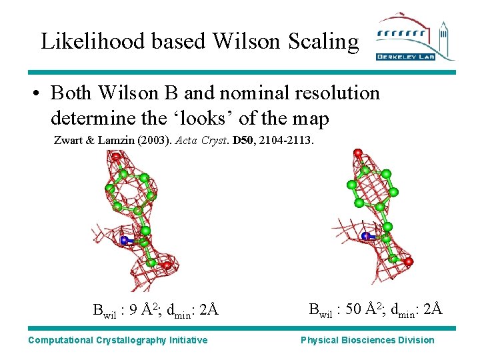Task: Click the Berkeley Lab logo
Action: click(415, 37)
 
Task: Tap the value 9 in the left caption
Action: click(133, 310)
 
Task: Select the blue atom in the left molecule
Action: click(124, 240)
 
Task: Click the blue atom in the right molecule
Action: click(365, 237)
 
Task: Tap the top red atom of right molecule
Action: click(358, 153)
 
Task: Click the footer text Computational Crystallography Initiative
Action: click(118, 340)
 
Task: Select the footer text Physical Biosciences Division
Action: click(367, 340)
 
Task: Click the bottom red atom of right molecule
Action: click(408, 261)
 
